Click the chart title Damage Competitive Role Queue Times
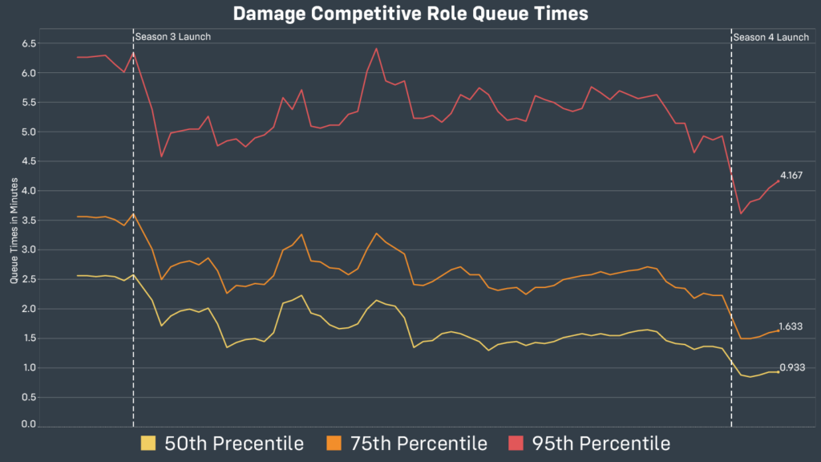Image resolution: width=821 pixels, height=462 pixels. (410, 14)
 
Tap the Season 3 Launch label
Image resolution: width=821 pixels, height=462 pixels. (173, 37)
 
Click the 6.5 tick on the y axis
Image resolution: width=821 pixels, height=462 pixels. (29, 43)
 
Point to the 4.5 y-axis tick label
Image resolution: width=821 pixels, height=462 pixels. (29, 161)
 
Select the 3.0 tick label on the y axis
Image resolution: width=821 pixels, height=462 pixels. (29, 249)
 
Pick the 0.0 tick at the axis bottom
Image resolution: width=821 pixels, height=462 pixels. (29, 424)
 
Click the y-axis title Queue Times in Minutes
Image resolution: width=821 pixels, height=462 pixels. (14, 233)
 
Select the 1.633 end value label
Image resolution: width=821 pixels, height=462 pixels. (791, 326)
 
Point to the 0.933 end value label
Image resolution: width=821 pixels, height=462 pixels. (791, 367)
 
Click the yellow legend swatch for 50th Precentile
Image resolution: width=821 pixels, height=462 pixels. (148, 443)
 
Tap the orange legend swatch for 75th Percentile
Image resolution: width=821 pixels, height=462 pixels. (334, 443)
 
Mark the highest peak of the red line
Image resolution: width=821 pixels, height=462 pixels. (376, 49)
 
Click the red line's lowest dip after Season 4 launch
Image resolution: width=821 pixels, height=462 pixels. (741, 213)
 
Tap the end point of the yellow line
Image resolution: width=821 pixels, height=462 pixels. (778, 371)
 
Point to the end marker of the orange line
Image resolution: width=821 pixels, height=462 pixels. (778, 330)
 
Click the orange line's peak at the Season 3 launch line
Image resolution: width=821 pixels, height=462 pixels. (133, 214)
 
